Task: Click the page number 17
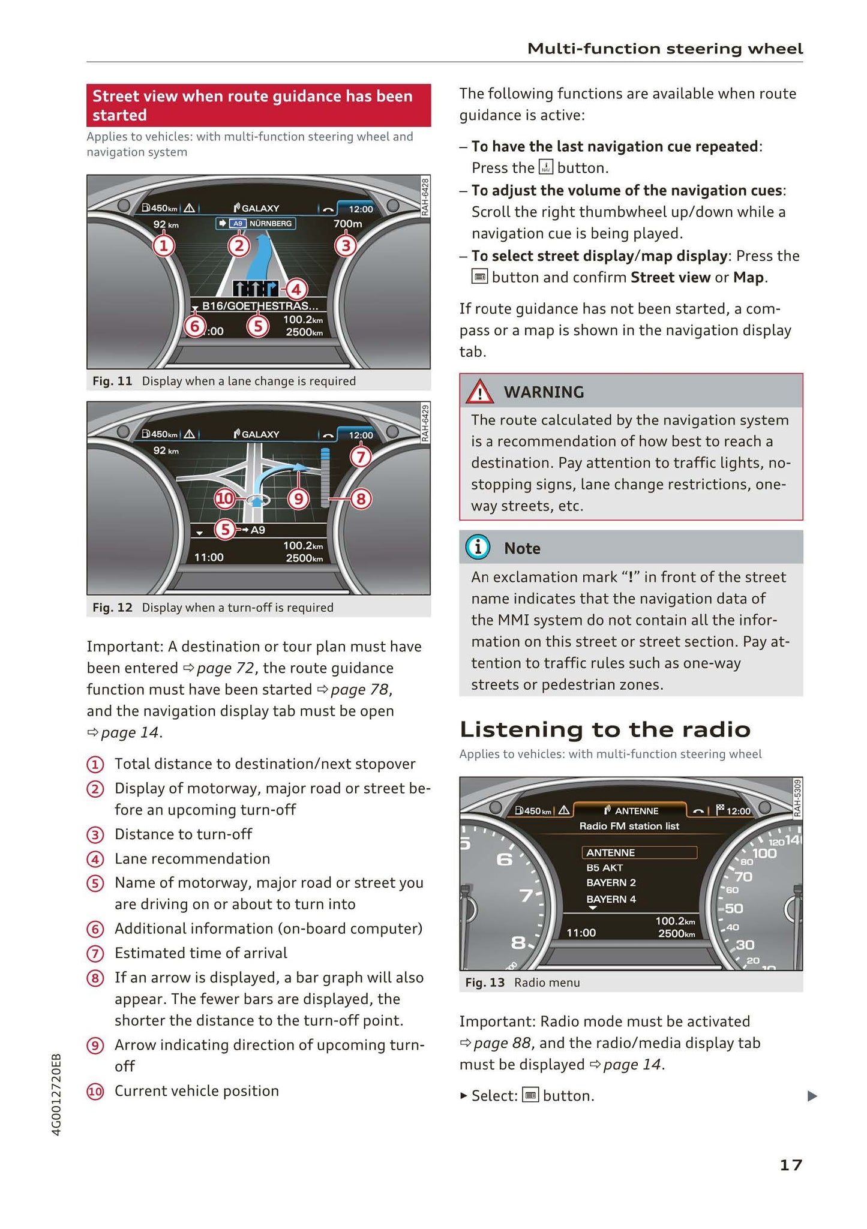coord(790,1165)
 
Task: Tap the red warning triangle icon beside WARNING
coord(480,392)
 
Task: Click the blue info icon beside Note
coord(478,548)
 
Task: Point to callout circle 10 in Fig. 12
coord(225,498)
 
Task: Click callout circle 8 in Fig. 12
coord(361,498)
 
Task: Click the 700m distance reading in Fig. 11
coord(348,224)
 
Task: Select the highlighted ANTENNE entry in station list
coord(638,852)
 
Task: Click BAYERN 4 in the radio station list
coord(611,899)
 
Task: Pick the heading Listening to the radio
coord(605,729)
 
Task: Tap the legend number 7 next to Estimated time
coord(95,954)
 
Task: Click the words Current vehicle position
coord(197,1090)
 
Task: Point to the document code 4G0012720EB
coord(57,1093)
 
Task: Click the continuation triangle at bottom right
coord(812,1096)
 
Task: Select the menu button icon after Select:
coord(530,1095)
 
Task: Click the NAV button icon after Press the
coord(545,167)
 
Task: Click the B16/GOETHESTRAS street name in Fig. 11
coord(257,306)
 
